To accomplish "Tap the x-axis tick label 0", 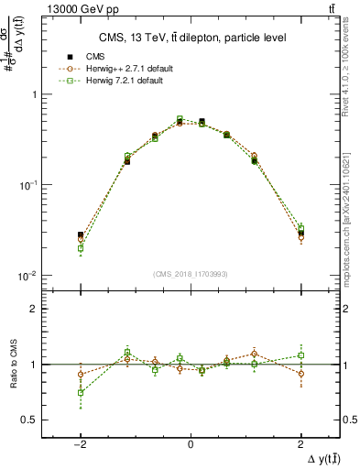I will point(190,443).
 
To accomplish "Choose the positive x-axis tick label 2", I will point(300,443).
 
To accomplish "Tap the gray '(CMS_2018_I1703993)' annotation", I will point(190,274).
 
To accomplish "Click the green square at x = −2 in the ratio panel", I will point(81,393).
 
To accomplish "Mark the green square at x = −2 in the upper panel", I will point(81,248).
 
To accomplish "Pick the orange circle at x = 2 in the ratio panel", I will point(300,374).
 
